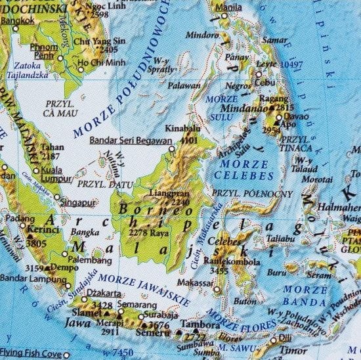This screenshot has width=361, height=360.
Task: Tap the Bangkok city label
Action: click(18, 21)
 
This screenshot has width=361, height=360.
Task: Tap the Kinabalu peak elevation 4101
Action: click(190, 141)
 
